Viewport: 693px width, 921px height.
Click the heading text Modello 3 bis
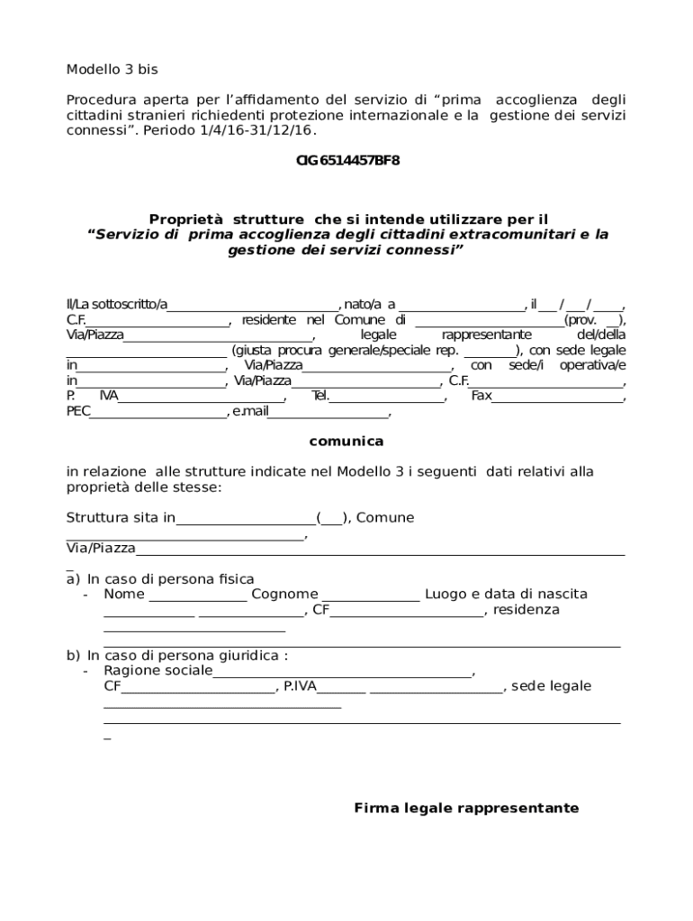coord(112,69)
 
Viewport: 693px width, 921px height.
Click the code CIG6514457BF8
coord(347,160)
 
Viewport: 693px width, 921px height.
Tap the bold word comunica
coord(346,441)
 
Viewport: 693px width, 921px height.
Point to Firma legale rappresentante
coord(466,808)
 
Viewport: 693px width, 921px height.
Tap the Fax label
coord(481,396)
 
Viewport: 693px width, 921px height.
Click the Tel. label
coord(320,396)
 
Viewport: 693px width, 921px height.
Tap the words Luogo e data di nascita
coord(506,594)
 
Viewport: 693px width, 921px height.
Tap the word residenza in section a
coord(526,609)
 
